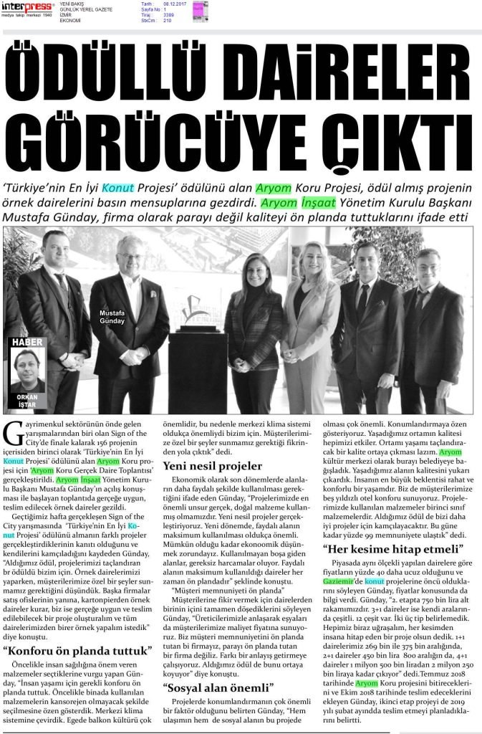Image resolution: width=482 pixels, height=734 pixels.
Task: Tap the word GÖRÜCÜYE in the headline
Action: click(x=164, y=129)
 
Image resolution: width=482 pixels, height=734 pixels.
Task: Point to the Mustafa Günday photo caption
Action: click(x=112, y=316)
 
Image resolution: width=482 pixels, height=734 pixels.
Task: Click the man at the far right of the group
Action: click(x=433, y=330)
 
